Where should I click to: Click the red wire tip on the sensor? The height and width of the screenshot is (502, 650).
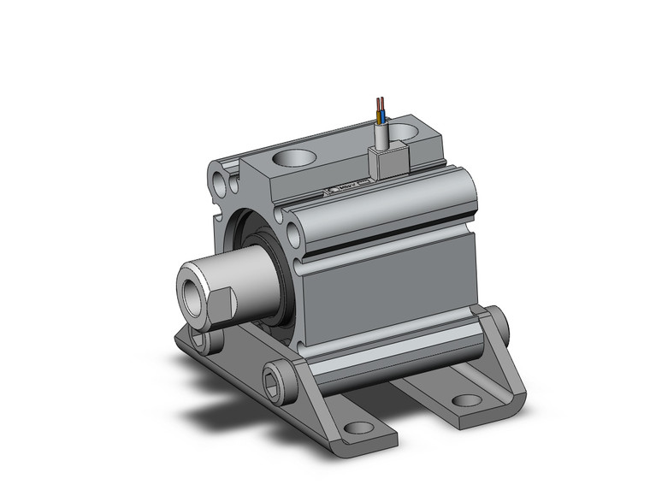click(x=378, y=103)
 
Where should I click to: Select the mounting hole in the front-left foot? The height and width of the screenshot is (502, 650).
click(x=359, y=427)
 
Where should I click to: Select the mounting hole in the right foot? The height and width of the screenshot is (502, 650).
click(x=466, y=399)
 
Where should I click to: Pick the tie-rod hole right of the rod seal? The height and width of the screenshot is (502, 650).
click(x=293, y=232)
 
